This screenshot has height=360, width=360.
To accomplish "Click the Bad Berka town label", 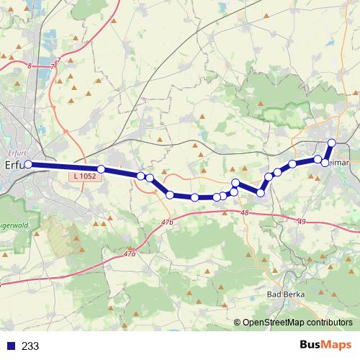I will (284, 294).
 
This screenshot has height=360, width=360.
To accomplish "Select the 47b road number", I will (168, 223).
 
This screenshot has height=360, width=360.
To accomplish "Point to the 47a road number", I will (130, 253).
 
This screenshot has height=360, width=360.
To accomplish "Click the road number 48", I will (244, 213).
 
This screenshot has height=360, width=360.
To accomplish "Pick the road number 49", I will (300, 221).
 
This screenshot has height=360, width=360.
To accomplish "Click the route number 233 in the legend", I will (30, 346).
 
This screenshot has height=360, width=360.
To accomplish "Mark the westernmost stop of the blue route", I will (29, 165).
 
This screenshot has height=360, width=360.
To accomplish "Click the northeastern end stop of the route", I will (332, 143).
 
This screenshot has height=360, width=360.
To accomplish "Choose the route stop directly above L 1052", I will (102, 168).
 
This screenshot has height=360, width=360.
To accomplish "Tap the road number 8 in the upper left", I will (30, 66).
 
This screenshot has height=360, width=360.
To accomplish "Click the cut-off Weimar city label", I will (341, 163).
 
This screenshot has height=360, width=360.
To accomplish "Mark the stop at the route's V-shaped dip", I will (261, 193).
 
